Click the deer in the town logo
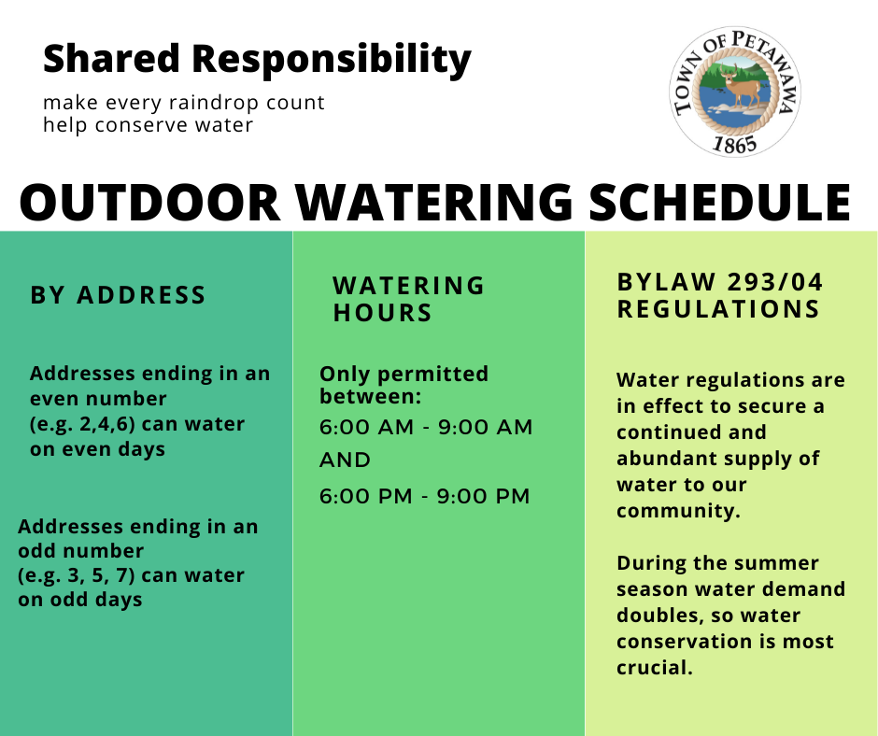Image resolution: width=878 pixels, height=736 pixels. click(x=741, y=86)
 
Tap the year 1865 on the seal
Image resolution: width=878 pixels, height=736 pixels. click(x=735, y=144)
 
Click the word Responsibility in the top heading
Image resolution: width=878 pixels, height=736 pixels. click(x=332, y=60)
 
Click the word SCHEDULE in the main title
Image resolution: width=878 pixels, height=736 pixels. click(x=720, y=202)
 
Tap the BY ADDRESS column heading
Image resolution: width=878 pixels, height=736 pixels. click(x=118, y=295)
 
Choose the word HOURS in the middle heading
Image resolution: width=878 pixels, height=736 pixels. click(x=382, y=313)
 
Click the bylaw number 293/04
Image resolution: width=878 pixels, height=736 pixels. click(x=775, y=282)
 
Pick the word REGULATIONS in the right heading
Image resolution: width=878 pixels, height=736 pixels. click(x=718, y=309)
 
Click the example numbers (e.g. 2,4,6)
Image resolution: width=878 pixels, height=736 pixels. click(x=82, y=424)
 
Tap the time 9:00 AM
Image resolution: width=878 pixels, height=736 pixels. click(x=485, y=427)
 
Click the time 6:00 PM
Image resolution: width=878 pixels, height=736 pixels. click(x=365, y=496)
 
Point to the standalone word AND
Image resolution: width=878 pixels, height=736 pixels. click(x=345, y=460)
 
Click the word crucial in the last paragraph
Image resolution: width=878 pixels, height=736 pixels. click(x=655, y=668)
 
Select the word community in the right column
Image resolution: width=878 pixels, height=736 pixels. click(x=678, y=511)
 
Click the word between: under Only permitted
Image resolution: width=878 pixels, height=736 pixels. click(x=370, y=397)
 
